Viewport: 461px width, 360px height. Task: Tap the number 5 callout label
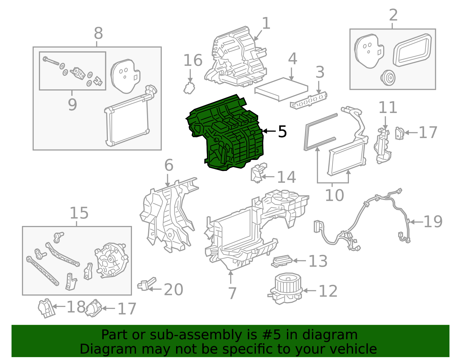pyautogui.click(x=282, y=132)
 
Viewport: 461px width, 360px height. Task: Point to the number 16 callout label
pyautogui.click(x=193, y=61)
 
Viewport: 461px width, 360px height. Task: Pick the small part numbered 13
pyautogui.click(x=281, y=261)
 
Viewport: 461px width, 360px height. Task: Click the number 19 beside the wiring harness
pyautogui.click(x=433, y=222)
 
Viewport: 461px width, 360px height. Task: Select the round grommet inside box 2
pyautogui.click(x=388, y=78)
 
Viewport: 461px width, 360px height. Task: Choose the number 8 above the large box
pyautogui.click(x=98, y=33)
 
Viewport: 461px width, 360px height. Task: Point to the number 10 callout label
pyautogui.click(x=334, y=195)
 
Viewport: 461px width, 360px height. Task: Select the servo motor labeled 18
pyautogui.click(x=46, y=308)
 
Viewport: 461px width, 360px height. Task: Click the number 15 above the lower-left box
pyautogui.click(x=79, y=213)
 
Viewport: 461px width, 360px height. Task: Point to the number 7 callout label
pyautogui.click(x=232, y=293)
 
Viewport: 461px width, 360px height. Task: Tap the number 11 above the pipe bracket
pyautogui.click(x=388, y=108)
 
